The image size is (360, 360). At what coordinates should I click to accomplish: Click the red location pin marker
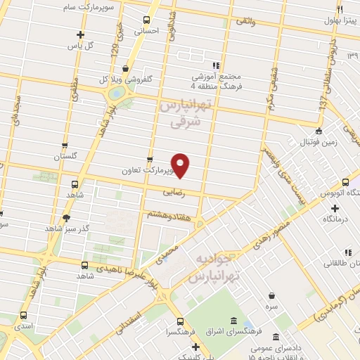181,165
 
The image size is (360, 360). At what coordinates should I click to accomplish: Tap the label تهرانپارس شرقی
186,114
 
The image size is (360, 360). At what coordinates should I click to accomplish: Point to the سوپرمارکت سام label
101,6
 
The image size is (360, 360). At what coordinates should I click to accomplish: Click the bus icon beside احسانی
146,20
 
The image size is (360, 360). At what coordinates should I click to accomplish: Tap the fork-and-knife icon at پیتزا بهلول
340,9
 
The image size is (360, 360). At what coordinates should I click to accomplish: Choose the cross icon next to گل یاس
80,34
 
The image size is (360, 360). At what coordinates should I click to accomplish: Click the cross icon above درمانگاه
335,208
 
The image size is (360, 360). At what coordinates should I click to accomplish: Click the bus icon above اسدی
24,316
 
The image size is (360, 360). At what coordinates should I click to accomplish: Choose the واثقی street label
245,22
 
